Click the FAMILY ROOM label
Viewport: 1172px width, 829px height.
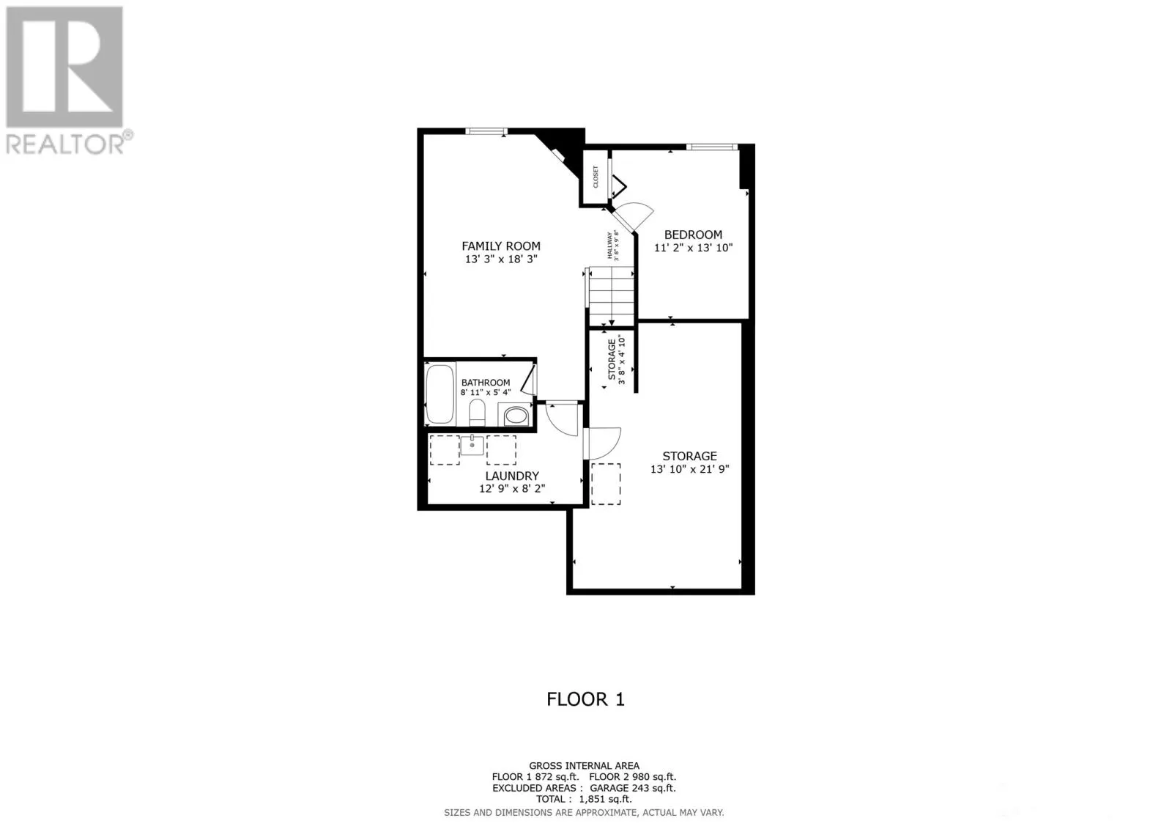pyautogui.click(x=501, y=246)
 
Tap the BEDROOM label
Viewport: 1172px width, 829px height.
pyautogui.click(x=693, y=235)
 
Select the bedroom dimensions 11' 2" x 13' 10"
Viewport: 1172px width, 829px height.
pyautogui.click(x=693, y=248)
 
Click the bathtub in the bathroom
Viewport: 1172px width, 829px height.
pyautogui.click(x=439, y=394)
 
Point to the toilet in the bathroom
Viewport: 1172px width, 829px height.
pyautogui.click(x=477, y=412)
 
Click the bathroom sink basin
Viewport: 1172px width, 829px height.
pyautogui.click(x=516, y=416)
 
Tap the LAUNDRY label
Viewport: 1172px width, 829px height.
pyautogui.click(x=512, y=476)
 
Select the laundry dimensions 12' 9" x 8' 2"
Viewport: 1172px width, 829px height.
pyautogui.click(x=512, y=488)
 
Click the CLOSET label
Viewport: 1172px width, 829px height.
pyautogui.click(x=596, y=177)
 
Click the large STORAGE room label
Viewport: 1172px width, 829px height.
pyautogui.click(x=689, y=456)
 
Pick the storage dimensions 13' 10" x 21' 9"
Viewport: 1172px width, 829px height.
pyautogui.click(x=689, y=469)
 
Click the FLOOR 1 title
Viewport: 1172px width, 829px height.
pyautogui.click(x=585, y=699)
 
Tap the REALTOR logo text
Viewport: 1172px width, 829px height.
pyautogui.click(x=66, y=144)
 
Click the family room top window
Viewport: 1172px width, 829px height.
pyautogui.click(x=486, y=131)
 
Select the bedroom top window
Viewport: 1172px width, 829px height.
pyautogui.click(x=711, y=147)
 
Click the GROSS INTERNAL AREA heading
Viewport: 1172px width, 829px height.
pyautogui.click(x=584, y=766)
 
